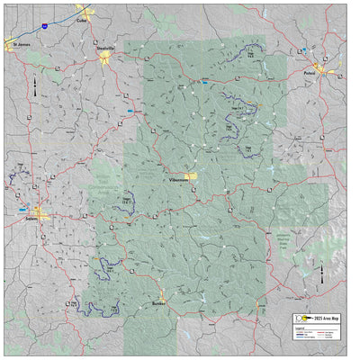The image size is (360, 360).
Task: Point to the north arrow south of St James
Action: click(x=34, y=87)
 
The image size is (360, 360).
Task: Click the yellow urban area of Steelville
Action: click(x=106, y=59)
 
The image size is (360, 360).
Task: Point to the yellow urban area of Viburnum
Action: click(x=191, y=177)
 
